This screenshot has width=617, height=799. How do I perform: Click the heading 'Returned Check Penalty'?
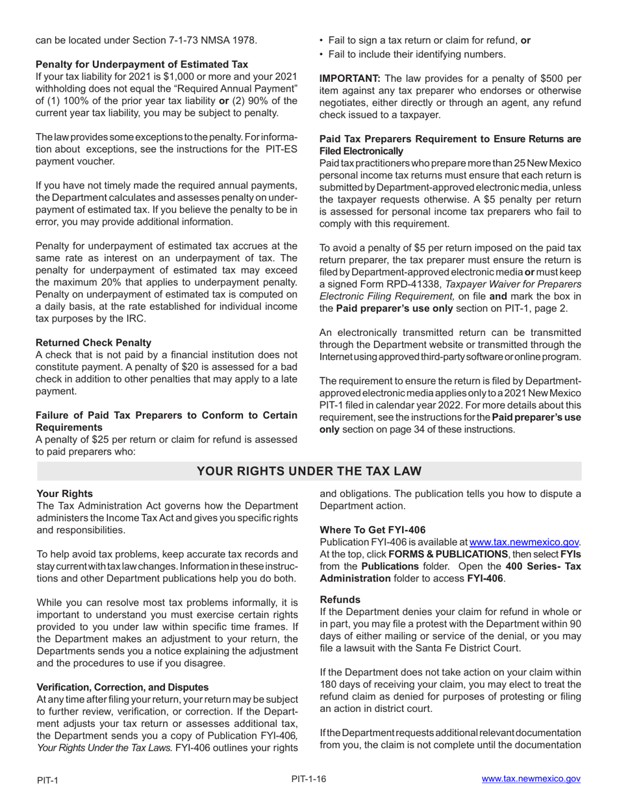pyautogui.click(x=94, y=342)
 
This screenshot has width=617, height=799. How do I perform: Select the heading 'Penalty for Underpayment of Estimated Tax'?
pyautogui.click(x=142, y=64)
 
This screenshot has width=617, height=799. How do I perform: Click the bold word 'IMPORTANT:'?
pyautogui.click(x=349, y=78)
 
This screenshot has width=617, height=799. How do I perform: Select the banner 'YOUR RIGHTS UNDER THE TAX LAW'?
pyautogui.click(x=308, y=471)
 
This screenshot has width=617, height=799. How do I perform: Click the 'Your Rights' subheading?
pyautogui.click(x=64, y=494)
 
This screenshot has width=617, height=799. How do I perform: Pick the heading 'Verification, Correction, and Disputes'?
pyautogui.click(x=123, y=687)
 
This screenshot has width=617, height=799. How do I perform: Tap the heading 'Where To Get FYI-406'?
pyautogui.click(x=373, y=530)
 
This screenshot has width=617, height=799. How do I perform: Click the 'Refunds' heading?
pyautogui.click(x=340, y=600)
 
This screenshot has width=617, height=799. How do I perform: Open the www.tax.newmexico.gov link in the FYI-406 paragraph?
pyautogui.click(x=524, y=542)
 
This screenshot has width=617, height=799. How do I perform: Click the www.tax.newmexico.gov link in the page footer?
pyautogui.click(x=531, y=779)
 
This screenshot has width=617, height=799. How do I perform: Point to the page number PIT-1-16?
pyautogui.click(x=308, y=778)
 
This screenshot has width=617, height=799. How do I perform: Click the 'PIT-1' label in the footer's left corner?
pyautogui.click(x=47, y=780)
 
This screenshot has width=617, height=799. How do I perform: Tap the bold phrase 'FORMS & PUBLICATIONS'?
pyautogui.click(x=447, y=554)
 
